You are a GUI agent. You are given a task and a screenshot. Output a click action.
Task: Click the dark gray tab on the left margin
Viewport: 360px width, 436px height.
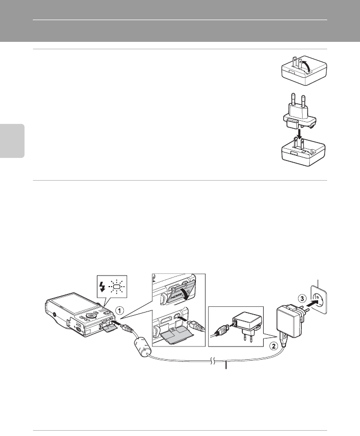(12, 140)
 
